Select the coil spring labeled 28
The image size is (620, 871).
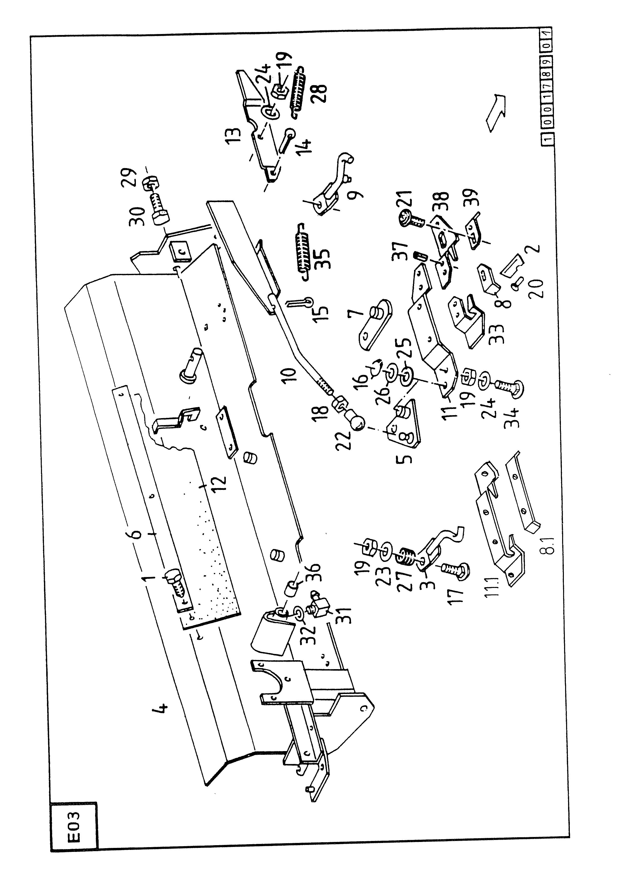point(298,91)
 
